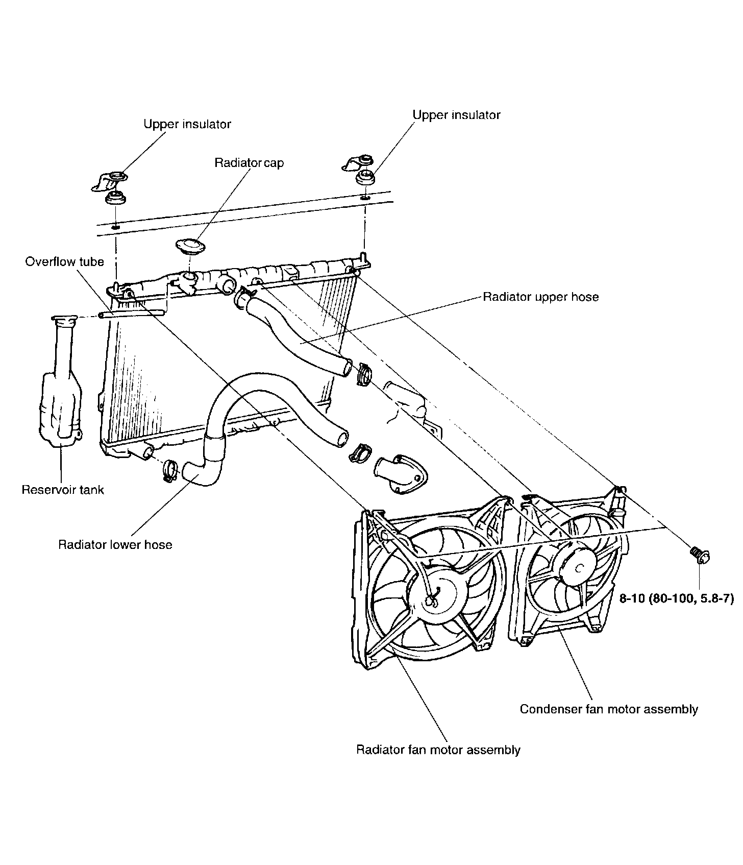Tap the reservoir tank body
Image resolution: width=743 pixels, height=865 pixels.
click(61, 403)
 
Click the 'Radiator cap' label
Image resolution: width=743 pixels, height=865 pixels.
click(249, 163)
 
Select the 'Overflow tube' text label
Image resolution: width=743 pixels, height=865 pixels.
click(64, 262)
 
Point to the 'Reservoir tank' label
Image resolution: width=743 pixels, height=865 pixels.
click(63, 490)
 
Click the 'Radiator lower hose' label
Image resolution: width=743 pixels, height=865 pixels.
click(115, 545)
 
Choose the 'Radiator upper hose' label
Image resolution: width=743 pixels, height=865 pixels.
click(541, 297)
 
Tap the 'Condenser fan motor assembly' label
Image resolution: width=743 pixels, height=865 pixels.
click(609, 709)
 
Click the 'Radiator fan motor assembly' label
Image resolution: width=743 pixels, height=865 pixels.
click(438, 750)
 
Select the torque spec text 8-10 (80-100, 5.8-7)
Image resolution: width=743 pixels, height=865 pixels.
click(676, 597)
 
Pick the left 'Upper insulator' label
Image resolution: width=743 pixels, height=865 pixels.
click(187, 124)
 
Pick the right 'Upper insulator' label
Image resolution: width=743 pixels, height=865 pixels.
click(457, 115)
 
